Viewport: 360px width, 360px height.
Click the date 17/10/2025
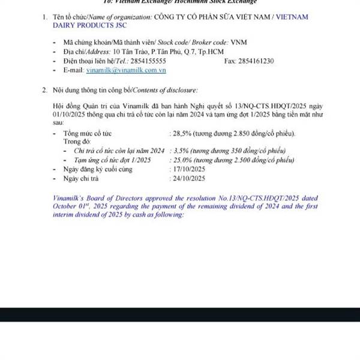pos(188,170)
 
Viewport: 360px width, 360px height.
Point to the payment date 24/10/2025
pos(188,178)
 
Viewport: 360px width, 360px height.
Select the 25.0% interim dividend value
pos(184,160)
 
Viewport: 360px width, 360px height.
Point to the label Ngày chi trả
pos(80,178)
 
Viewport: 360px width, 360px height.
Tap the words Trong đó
pos(76,142)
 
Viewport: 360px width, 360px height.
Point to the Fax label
pos(230,61)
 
